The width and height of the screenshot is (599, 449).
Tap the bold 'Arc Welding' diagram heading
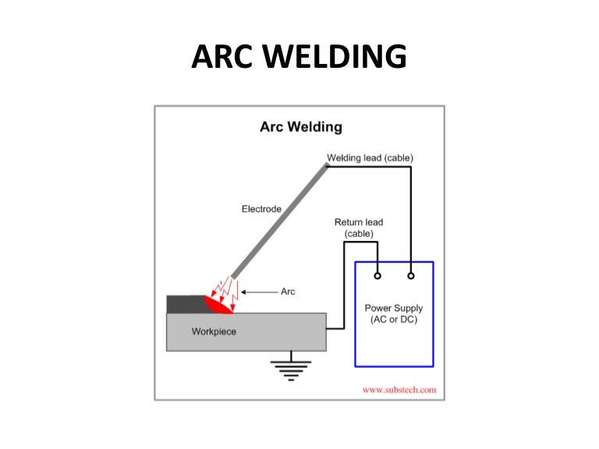point(300,127)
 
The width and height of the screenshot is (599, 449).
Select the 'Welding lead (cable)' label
point(370,158)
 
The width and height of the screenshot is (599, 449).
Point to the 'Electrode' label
point(261,209)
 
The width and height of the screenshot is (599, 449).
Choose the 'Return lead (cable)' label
point(359,228)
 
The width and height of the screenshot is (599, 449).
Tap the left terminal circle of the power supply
point(377,275)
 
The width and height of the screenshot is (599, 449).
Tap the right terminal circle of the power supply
point(410,275)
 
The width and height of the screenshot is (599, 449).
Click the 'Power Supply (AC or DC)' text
point(394,313)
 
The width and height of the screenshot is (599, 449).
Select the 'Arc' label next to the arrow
point(288,292)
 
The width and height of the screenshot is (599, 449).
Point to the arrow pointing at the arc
point(258,292)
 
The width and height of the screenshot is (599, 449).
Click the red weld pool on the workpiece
point(218,305)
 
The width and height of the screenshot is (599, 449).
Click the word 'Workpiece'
point(214,331)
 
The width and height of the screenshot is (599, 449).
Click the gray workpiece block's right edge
point(325,331)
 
